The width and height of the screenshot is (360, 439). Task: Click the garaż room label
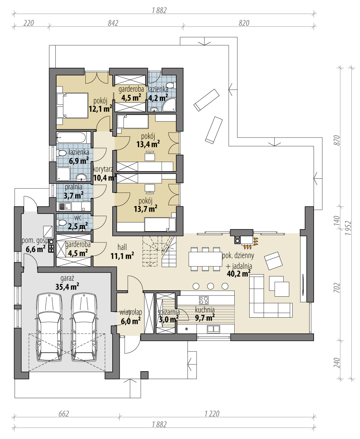coord(67,278)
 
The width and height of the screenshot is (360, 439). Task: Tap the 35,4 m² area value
coord(67,286)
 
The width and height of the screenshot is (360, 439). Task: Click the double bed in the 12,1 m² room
coord(72,105)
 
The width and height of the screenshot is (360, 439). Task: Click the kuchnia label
coord(205,310)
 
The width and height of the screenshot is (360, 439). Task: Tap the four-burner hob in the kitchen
coord(204,300)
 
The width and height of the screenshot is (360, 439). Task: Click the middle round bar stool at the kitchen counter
coord(210,286)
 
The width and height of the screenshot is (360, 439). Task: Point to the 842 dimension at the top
coord(113,23)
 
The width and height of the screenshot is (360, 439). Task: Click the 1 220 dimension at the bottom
coord(212,414)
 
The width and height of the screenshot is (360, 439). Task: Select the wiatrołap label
coord(131,312)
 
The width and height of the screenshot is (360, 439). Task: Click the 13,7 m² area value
coord(146,209)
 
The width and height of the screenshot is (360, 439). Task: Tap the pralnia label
coord(74,187)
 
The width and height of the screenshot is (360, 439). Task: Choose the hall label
coord(122,247)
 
